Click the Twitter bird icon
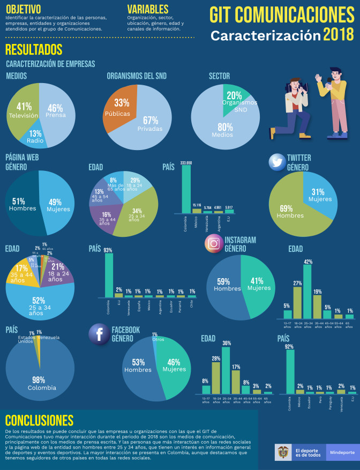(276, 162)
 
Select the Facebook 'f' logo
(99, 333)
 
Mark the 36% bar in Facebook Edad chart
(226, 370)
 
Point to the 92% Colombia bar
(290, 372)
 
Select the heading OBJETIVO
(24, 9)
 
